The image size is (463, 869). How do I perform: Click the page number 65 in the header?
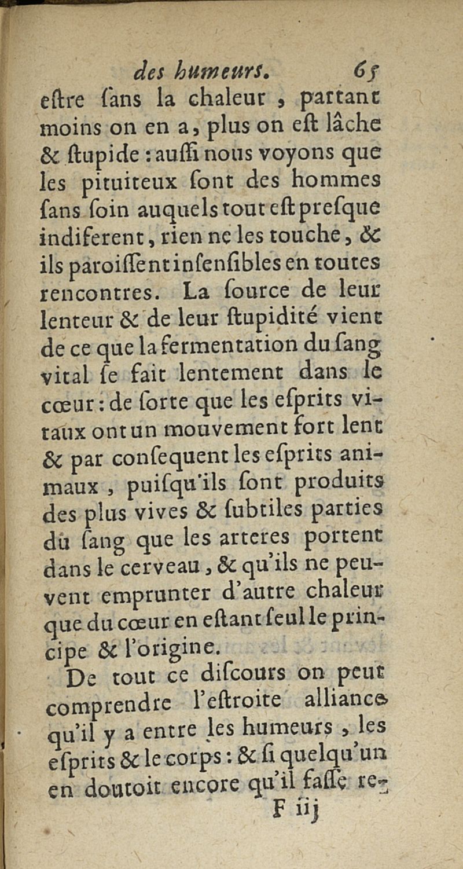pyautogui.click(x=365, y=74)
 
